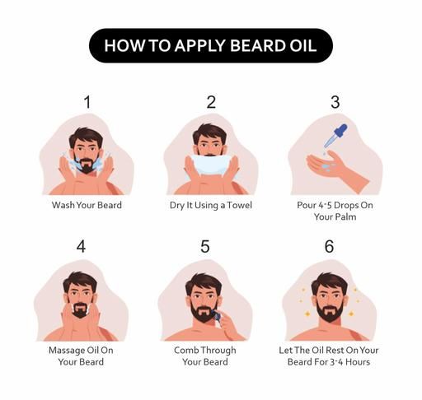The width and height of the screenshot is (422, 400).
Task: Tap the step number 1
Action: pyautogui.click(x=87, y=102)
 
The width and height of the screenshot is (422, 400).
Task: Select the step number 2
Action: pyautogui.click(x=211, y=102)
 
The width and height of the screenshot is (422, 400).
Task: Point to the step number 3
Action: pyautogui.click(x=335, y=102)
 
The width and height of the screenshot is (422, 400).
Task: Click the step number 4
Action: pyautogui.click(x=81, y=246)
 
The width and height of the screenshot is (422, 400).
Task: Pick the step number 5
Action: pyautogui.click(x=205, y=246)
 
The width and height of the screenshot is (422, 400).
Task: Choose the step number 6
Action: pyautogui.click(x=329, y=246)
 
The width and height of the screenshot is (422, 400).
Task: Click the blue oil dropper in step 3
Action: pyautogui.click(x=335, y=136)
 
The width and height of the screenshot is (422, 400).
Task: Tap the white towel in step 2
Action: pyautogui.click(x=211, y=165)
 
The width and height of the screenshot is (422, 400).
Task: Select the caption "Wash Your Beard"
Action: pyautogui.click(x=87, y=205)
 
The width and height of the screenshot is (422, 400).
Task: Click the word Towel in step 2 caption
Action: pyautogui.click(x=240, y=205)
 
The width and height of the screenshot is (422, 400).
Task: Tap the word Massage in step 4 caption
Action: pyautogui.click(x=67, y=351)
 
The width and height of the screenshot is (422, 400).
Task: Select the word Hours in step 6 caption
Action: pyautogui.click(x=358, y=362)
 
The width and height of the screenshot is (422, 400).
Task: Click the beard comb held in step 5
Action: pyautogui.click(x=217, y=316)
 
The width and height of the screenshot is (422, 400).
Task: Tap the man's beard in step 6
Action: pyautogui.click(x=329, y=311)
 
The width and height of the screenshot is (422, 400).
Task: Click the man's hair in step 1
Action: pyautogui.click(x=86, y=137)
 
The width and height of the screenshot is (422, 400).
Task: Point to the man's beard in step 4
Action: pyautogui.click(x=80, y=310)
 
